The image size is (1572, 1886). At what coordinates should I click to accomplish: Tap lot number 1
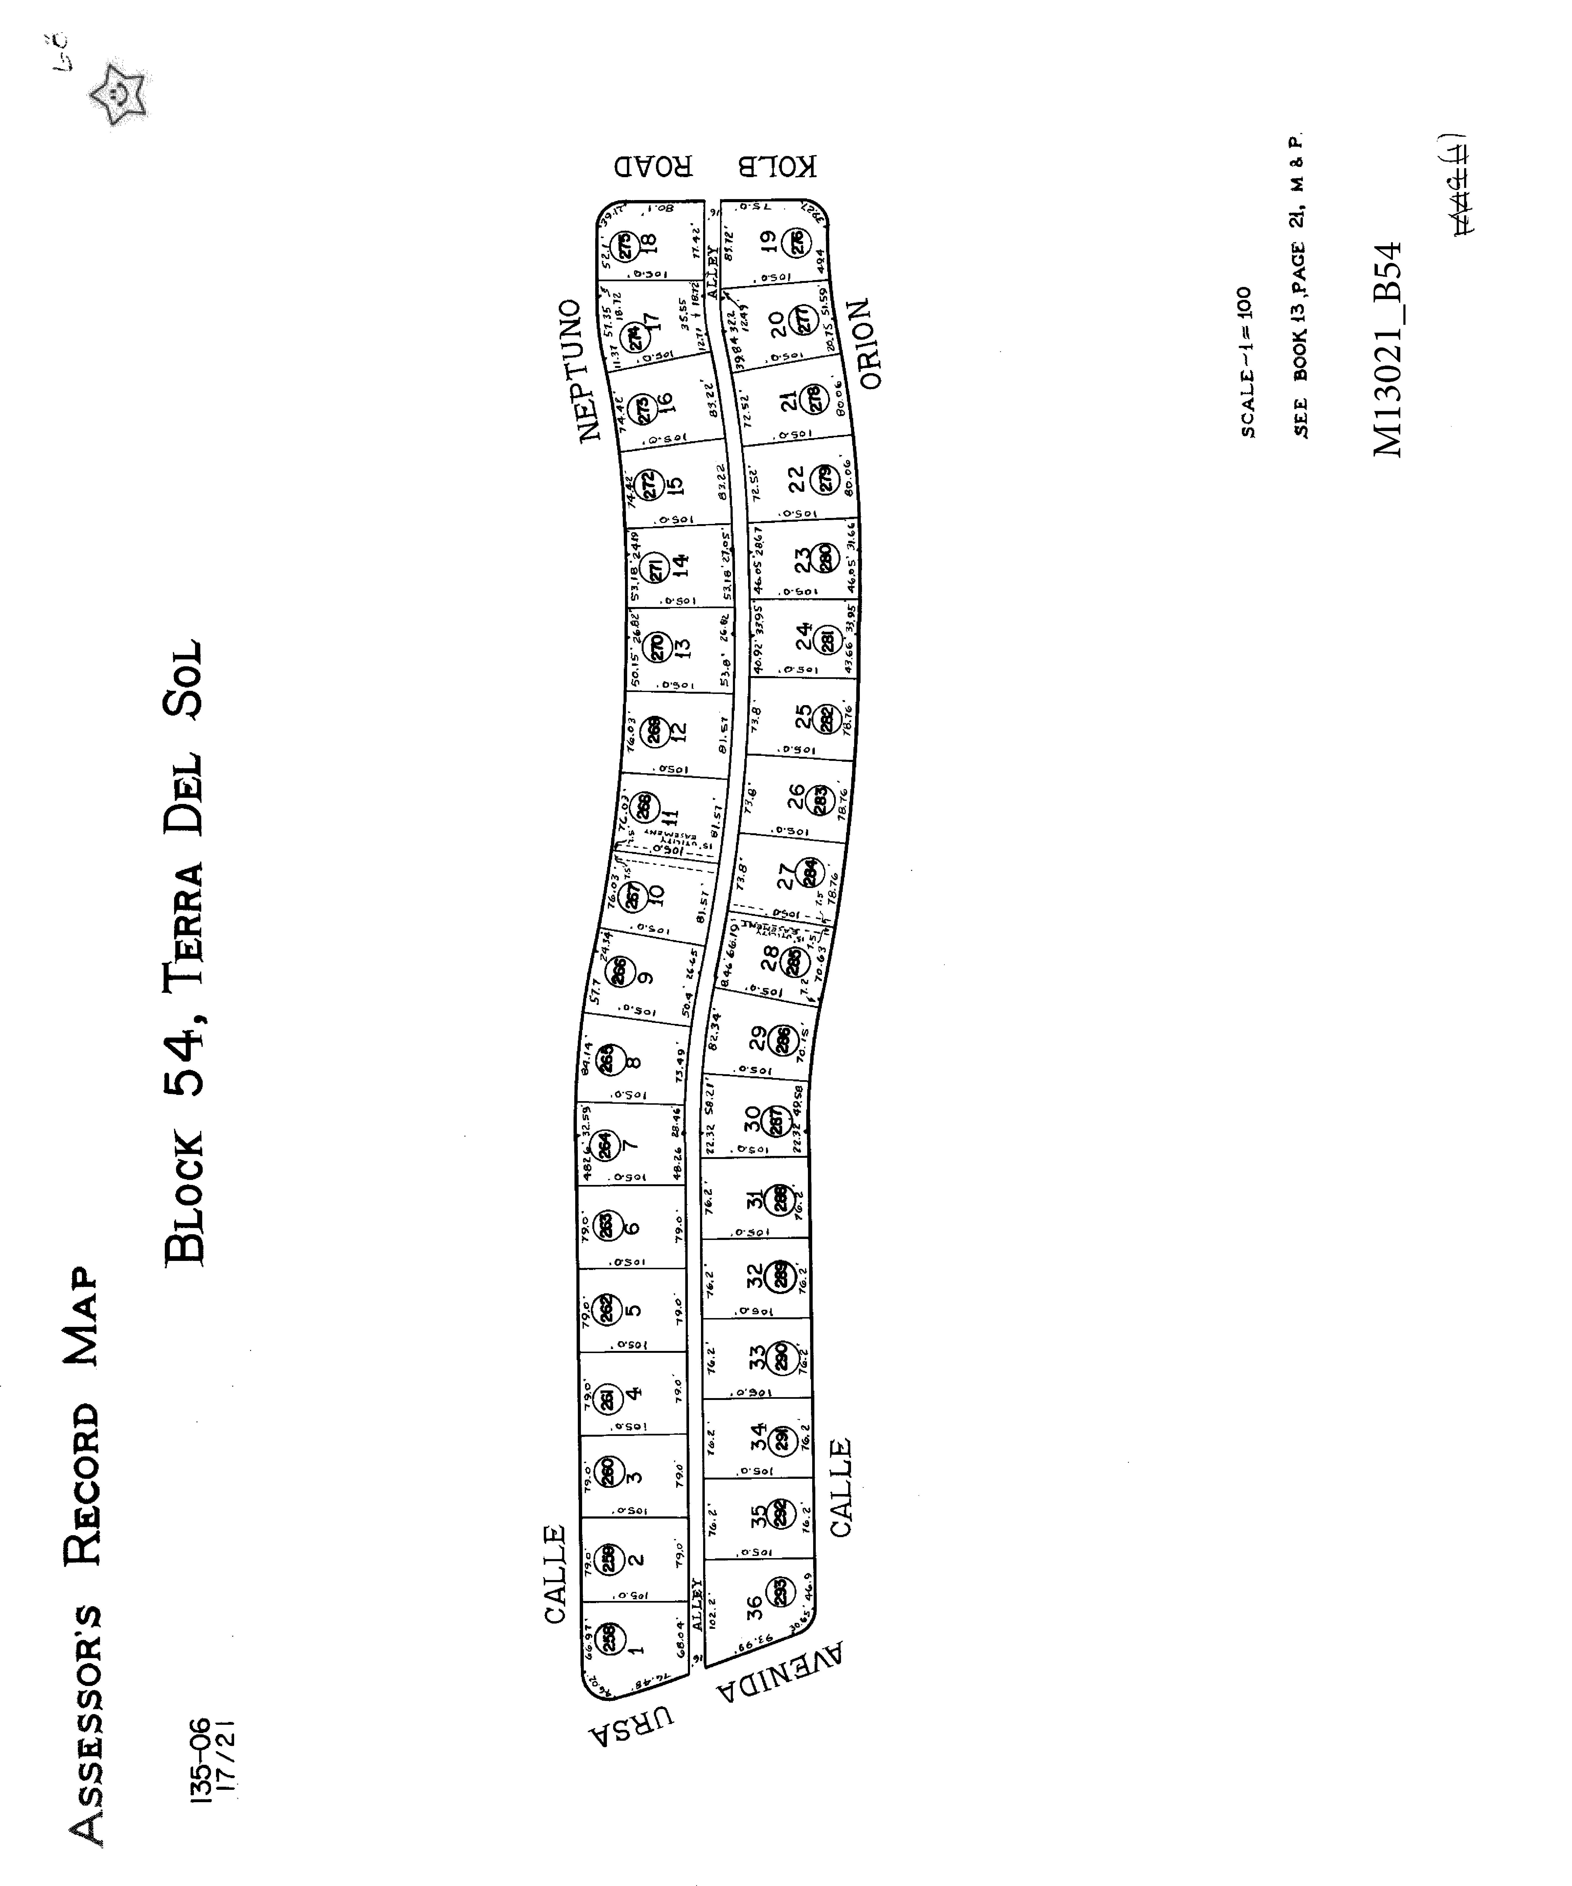pos(636,1648)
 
